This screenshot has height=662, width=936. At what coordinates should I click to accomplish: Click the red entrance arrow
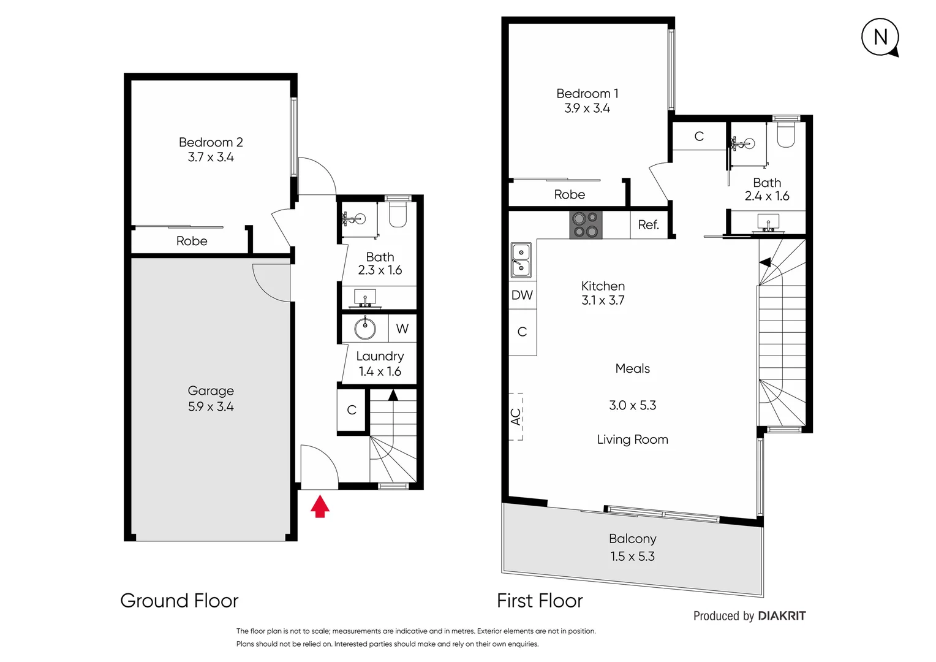[x=320, y=506]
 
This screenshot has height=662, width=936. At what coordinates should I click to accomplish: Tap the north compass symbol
[x=880, y=37]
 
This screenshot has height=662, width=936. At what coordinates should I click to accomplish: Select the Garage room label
[x=211, y=391]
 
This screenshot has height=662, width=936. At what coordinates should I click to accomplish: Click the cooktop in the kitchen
[x=586, y=224]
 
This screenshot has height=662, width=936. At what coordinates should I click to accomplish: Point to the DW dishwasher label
[x=522, y=295]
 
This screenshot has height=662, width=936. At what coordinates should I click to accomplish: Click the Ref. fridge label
[x=649, y=225]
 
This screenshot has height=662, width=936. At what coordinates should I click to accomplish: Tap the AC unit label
[x=516, y=417]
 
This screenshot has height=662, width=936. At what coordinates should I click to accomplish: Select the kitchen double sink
[x=521, y=260]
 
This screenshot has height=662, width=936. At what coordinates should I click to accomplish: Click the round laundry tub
[x=365, y=329]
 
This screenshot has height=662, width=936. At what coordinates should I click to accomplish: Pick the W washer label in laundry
[x=402, y=329]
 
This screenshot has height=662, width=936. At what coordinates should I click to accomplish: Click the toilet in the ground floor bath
[x=398, y=215]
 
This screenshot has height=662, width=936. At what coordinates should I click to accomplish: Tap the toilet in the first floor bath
[x=785, y=135]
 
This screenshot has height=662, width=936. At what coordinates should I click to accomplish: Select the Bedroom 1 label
[x=587, y=94]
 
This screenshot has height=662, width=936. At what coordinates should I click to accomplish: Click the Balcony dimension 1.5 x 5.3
[x=632, y=557]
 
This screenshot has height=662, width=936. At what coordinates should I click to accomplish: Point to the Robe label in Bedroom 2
[x=192, y=242]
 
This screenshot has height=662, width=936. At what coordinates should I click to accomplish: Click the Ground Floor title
[x=179, y=601]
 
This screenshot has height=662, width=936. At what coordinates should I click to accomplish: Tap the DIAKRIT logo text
[x=782, y=616]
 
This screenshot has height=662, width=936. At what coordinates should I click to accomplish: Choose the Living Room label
[x=632, y=439]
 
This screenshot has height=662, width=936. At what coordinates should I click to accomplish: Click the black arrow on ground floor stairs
[x=393, y=395]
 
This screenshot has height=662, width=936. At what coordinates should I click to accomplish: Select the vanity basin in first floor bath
[x=768, y=222]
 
